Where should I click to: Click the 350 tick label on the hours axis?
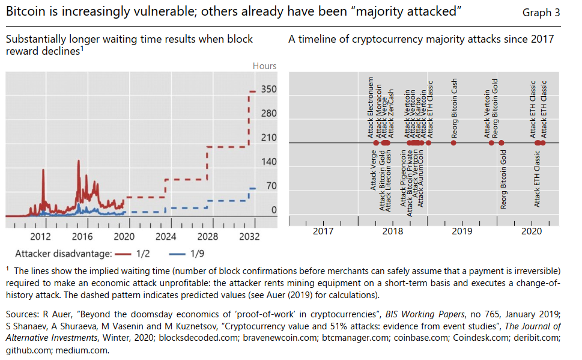click(268, 90)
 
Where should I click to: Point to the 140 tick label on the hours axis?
click(268, 162)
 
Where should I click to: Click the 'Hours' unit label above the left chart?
click(264, 66)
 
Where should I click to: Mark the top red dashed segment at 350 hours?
click(252, 91)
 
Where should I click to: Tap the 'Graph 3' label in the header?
click(541, 13)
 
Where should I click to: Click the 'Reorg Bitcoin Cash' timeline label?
click(455, 109)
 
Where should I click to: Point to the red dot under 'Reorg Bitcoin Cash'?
click(454, 142)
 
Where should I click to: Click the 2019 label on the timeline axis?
click(461, 231)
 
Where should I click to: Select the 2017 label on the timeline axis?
click(323, 231)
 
